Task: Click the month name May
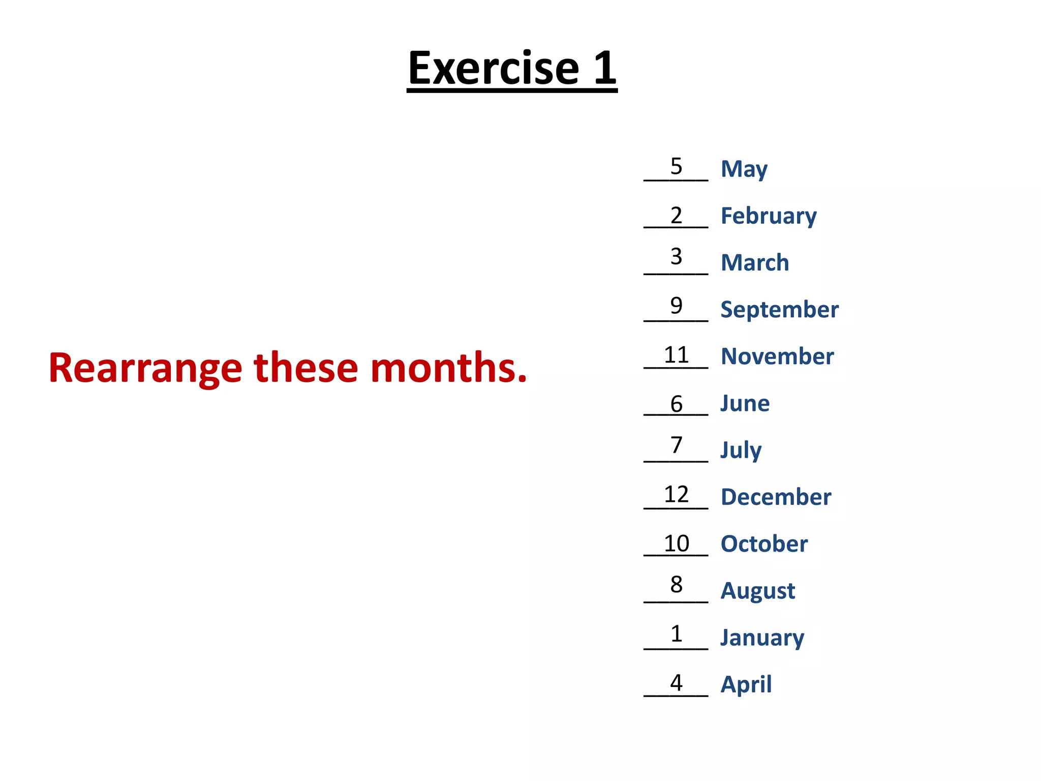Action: [744, 169]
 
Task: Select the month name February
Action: [769, 217]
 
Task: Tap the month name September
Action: [779, 310]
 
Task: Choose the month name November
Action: [777, 356]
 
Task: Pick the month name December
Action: [776, 497]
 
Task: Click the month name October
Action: [764, 544]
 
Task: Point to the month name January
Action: [762, 638]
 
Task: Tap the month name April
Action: [746, 684]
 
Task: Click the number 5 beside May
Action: [676, 166]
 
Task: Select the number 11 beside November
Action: [676, 355]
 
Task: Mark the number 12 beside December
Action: [676, 494]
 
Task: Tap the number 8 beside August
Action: [676, 585]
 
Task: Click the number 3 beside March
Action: [676, 257]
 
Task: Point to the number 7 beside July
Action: [676, 445]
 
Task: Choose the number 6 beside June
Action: [676, 404]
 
